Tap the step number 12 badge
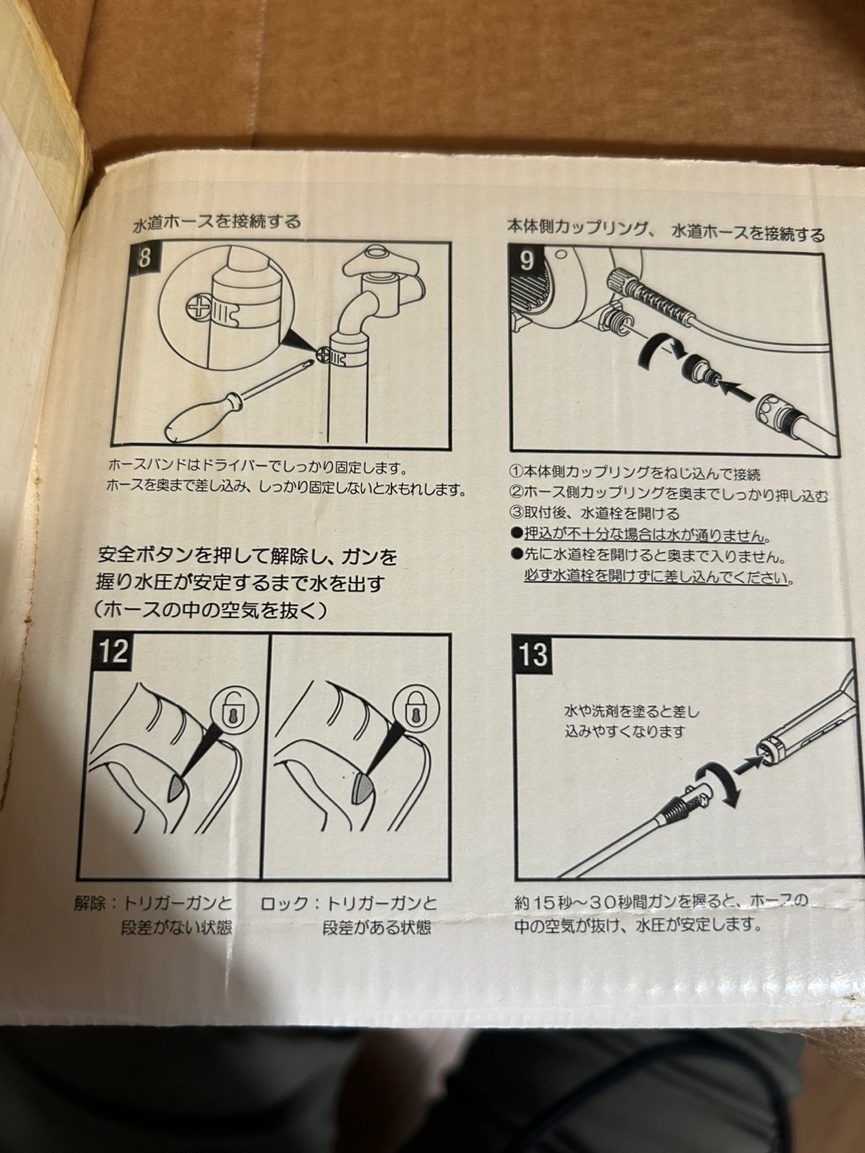coord(114,652)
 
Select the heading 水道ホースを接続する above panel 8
coord(217,222)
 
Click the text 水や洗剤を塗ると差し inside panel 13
coord(633,711)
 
